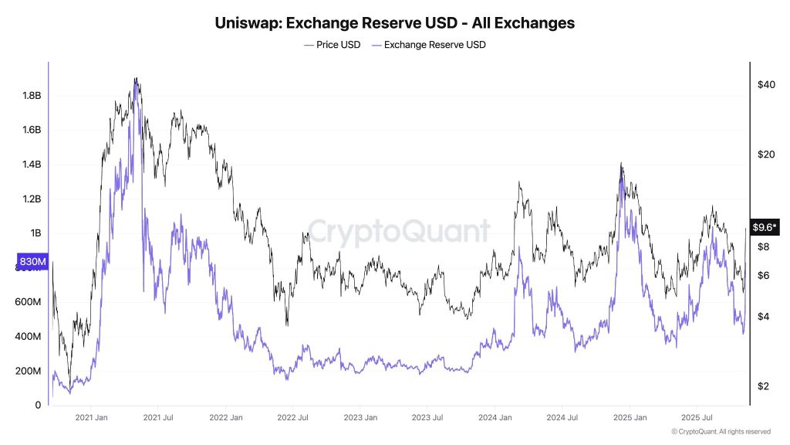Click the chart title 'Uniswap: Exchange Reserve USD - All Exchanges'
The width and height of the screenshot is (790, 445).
[x=394, y=22]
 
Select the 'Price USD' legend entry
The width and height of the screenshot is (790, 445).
[x=332, y=45]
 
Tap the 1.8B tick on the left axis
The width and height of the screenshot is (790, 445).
[x=31, y=96]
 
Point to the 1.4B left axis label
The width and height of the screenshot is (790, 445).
[x=31, y=165]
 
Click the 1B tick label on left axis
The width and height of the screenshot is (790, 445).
[x=35, y=233]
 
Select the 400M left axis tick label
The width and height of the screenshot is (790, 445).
[x=29, y=337]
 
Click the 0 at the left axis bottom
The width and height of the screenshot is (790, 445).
[x=38, y=405]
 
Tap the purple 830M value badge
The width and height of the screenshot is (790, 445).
[x=33, y=261]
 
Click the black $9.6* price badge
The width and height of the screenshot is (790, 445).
[x=764, y=227]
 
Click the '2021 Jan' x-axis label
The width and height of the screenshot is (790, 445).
[x=91, y=418]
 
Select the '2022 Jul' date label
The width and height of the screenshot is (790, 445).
[x=293, y=418]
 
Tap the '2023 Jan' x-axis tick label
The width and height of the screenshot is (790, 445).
[x=360, y=418]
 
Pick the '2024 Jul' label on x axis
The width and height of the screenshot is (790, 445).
[x=562, y=418]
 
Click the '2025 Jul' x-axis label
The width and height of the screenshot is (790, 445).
[x=696, y=418]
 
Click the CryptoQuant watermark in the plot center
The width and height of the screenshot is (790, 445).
[x=399, y=231]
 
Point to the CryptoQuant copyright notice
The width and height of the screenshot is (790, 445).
[x=721, y=432]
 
